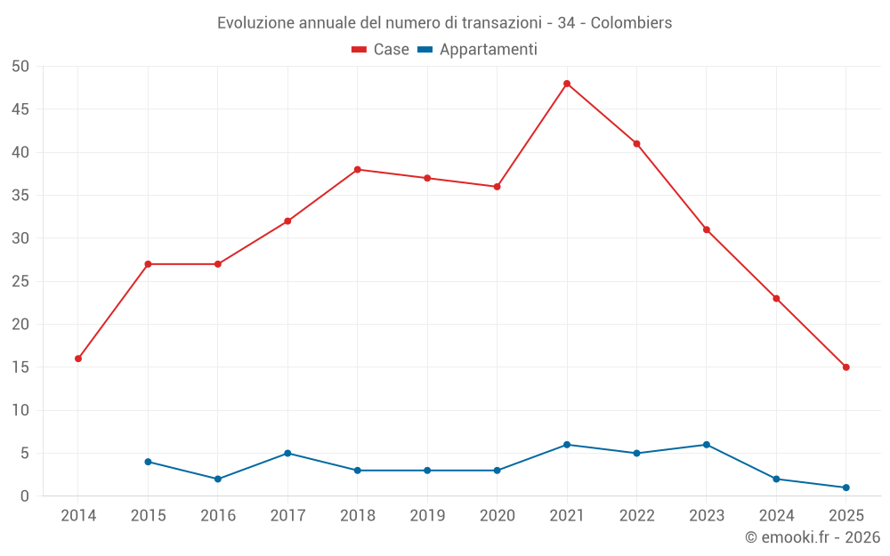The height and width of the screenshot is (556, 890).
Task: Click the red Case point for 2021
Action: coord(567,84)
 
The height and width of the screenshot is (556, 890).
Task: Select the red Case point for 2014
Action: coord(78,359)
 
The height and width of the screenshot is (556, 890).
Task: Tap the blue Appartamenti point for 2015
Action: coord(148,462)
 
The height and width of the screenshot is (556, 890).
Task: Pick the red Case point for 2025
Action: coord(845,367)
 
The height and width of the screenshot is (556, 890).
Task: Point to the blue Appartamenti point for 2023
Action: coord(707,445)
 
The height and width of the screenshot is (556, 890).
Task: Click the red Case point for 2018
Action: coord(357,169)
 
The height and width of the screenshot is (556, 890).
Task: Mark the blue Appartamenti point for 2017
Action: coord(287,453)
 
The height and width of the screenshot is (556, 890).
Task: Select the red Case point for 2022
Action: coord(636,143)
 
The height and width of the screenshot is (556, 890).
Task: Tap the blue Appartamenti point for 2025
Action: coord(845,488)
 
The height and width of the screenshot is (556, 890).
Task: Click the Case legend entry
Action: coord(381,50)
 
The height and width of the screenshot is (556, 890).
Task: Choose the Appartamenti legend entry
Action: coord(478,50)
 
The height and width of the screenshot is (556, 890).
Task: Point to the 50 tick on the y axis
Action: coord(20,67)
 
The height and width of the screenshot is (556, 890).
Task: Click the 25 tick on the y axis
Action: coord(20,281)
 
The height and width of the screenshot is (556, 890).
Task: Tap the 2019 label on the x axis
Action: coord(427,515)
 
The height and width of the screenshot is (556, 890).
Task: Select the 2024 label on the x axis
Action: coord(776,515)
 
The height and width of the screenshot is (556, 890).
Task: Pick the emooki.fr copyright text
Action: coord(812,536)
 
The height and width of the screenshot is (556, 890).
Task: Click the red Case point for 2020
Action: coord(497,187)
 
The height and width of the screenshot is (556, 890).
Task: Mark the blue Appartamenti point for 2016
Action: coord(217,479)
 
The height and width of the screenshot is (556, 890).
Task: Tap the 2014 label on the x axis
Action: coord(78,515)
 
